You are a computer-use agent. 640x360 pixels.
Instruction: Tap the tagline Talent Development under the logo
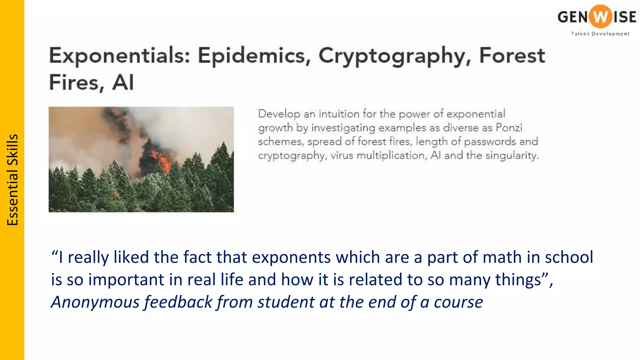pos(600,34)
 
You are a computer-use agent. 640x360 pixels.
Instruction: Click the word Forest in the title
pos(512,56)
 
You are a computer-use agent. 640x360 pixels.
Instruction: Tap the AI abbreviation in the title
pos(123,82)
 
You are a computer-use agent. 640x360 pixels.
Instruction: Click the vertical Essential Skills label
pos(12,180)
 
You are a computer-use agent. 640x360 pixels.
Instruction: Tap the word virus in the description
pos(342,155)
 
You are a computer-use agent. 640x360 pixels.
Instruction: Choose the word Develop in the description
pos(279,114)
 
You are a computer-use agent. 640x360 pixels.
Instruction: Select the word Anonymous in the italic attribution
pos(95,302)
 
